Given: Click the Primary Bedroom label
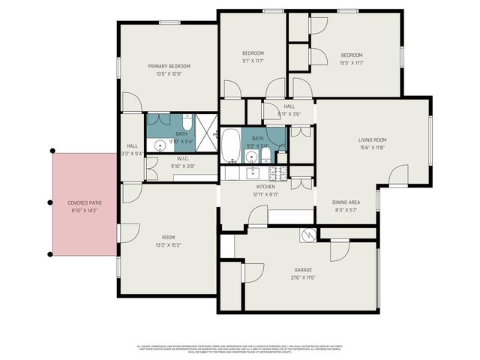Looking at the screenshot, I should coord(169,66).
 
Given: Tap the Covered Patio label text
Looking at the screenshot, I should coord(84,203).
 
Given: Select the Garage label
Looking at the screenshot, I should coord(303,270).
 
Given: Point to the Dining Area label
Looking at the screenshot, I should coord(347,202).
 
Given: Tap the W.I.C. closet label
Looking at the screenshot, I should coord(182,158).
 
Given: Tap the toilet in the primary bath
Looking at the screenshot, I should coord(187,124).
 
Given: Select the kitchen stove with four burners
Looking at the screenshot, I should coord(279,173).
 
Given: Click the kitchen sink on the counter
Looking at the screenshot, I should coord(252,172).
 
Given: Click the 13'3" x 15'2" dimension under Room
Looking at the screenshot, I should coord(169,244).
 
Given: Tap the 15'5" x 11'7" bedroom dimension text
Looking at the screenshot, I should coord(351,62).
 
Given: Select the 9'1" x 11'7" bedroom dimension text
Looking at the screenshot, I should coord(253,61).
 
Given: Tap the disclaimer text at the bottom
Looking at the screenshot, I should coord(239,348).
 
